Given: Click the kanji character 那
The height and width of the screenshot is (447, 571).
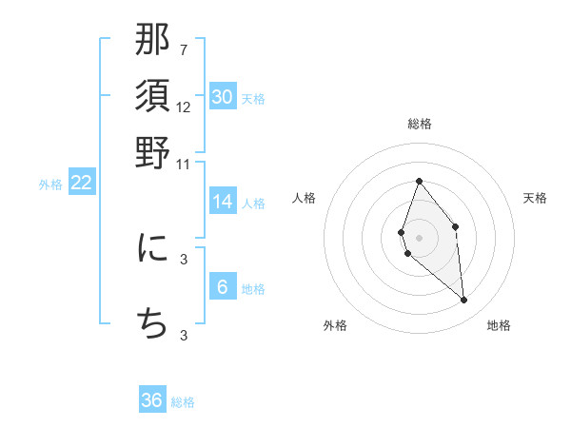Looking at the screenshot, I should coord(152,41).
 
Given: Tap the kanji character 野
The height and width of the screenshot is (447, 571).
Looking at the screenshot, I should coord(152,152).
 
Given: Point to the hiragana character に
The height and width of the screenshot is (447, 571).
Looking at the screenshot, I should coord(152,248).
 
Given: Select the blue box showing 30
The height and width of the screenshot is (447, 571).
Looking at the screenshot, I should coord(223,97).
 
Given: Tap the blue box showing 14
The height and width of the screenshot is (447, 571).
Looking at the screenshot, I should coord(223,202).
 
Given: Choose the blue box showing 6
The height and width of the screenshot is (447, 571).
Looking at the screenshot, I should coord(223,288).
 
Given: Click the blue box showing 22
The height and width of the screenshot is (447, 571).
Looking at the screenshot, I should coord(81,184).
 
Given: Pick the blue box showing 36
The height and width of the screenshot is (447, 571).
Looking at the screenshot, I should coord(152,400).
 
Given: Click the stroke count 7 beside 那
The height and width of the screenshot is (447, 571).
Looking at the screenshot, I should coord(184,49).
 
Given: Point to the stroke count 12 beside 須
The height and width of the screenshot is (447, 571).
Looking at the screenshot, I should coord(184,107).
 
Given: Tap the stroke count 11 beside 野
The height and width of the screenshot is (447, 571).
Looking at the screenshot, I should coord(184,163).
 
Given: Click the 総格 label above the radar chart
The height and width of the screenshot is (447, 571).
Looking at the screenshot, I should coord(419,124).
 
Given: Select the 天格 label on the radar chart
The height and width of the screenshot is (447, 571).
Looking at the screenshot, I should coord(535,198).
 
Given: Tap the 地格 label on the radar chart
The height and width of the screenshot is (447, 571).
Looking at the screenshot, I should coord(499,325).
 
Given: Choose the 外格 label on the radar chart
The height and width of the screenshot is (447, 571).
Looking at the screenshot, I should coord(335,325).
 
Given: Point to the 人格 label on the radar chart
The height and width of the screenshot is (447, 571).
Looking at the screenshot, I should coord(305,198).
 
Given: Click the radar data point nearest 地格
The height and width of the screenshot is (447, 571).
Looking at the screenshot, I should coord(464,301).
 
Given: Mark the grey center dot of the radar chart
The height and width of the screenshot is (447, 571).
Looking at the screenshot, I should coord(419,237).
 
